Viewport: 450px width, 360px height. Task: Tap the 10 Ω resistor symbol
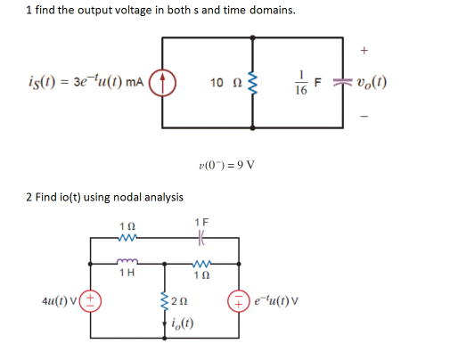[254, 85]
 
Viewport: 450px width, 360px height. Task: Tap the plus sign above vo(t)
[364, 52]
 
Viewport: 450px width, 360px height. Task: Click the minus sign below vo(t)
[364, 114]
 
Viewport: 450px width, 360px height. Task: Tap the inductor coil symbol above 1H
[127, 261]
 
